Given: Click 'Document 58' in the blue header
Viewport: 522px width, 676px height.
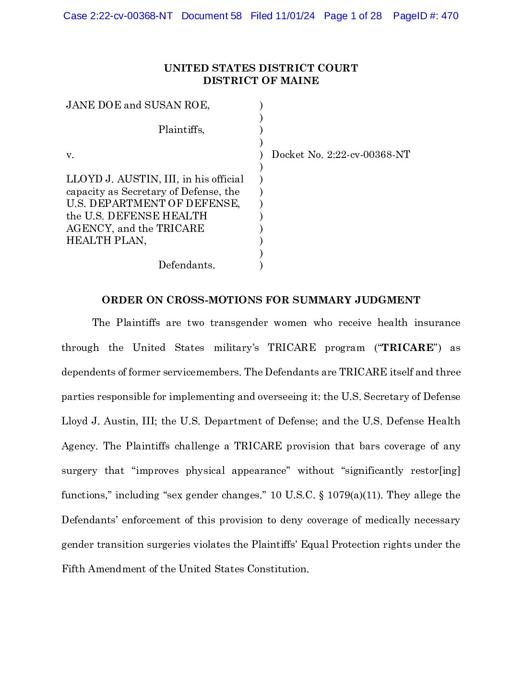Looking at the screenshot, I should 211,16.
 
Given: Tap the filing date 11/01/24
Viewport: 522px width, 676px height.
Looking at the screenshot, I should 295,16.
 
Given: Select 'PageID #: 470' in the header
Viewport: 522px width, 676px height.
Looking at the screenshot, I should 426,16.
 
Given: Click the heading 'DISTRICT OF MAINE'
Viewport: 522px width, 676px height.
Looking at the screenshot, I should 261,81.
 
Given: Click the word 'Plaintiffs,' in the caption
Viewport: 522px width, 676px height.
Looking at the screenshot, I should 181,130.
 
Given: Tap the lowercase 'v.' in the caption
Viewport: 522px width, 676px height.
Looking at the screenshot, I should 70,155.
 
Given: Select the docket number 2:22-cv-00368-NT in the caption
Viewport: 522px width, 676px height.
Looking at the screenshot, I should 368,155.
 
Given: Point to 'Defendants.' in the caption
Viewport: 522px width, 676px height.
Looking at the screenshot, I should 187,265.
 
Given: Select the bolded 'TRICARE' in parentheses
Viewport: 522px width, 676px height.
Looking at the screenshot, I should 407,348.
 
